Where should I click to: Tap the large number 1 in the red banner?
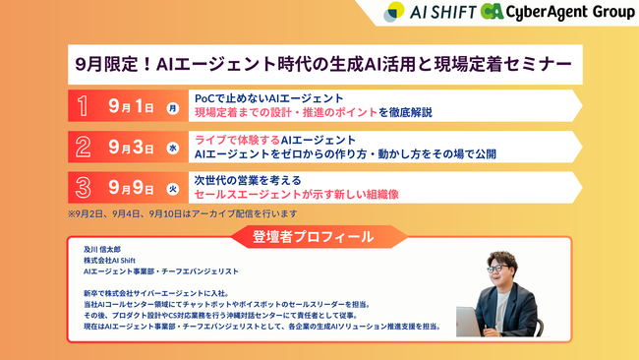pos(84,106)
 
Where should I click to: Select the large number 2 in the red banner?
pos(84,148)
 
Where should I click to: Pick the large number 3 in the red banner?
pos(84,188)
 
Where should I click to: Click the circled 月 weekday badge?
pos(173,107)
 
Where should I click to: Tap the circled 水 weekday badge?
pos(173,148)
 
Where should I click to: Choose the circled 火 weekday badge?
pos(173,189)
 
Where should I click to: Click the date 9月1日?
pos(134,106)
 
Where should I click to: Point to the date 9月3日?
pos(134,148)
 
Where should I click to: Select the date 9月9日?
pos(134,188)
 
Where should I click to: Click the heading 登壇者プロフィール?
pos(319,236)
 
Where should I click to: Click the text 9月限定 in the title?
pos(108,65)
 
